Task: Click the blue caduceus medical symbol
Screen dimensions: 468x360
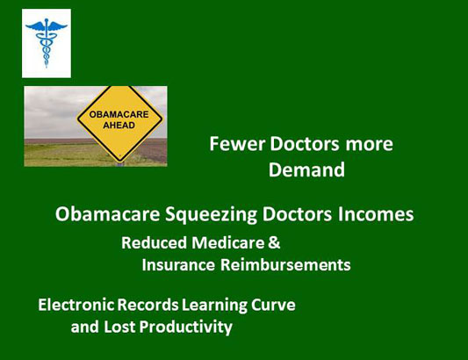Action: pos(47,43)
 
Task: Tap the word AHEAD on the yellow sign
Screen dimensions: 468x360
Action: pos(119,125)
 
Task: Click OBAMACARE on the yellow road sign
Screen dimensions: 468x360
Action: pos(119,114)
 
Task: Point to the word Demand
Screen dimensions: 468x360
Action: pos(306,169)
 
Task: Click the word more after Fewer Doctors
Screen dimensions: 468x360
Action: pos(369,145)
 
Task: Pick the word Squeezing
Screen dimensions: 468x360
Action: pos(211,215)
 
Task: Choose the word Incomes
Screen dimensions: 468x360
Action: pos(376,214)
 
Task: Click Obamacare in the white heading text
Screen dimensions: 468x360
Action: pos(107,214)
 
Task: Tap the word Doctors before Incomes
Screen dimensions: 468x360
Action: pos(297,214)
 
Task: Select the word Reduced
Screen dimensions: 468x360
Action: pos(154,242)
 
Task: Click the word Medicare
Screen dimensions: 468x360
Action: pos(228,242)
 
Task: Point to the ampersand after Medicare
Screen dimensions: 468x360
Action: pos(274,242)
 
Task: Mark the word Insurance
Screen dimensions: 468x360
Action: pos(178,265)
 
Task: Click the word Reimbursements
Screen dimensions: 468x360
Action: pos(285,265)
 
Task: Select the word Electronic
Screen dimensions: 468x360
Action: pos(76,305)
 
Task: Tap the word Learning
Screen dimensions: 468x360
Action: pos(214,306)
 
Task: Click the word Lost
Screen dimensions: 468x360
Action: pos(119,327)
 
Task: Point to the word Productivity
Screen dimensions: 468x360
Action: pos(185,328)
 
